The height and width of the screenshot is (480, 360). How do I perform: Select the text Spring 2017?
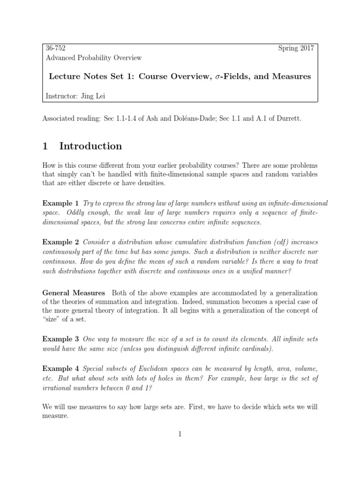(297, 48)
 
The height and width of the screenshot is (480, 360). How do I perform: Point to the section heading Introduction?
(90, 146)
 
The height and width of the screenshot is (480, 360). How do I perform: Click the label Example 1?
(60, 203)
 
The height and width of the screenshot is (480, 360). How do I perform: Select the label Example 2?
(60, 242)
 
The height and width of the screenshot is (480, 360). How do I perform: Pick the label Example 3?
(60, 338)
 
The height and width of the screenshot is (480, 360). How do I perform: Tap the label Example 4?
(60, 367)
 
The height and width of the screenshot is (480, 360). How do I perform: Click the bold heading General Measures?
(74, 293)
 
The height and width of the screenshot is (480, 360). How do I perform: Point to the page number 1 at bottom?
(180, 434)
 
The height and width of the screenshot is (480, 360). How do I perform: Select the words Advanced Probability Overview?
(94, 58)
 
